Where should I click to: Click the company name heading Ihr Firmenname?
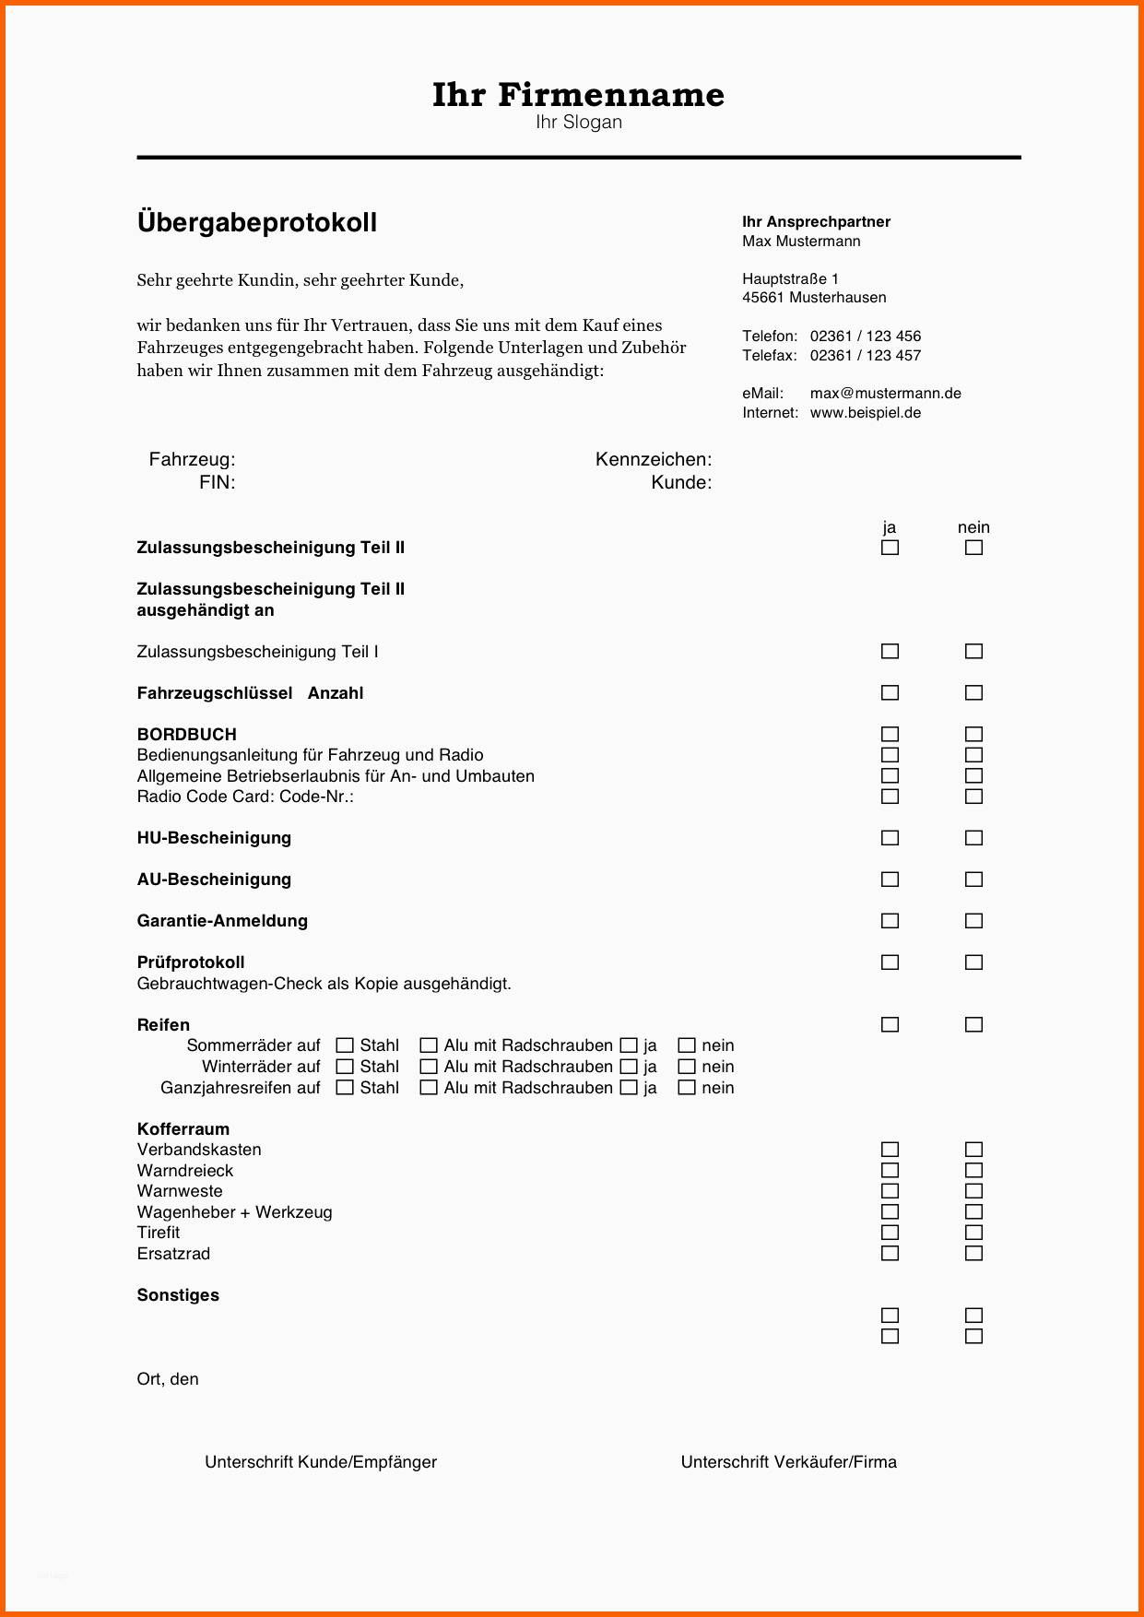pyautogui.click(x=578, y=94)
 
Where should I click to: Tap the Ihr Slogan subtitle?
pyautogui.click(x=578, y=123)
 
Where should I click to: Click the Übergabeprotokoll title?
pyautogui.click(x=256, y=222)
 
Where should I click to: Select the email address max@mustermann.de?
pyautogui.click(x=885, y=393)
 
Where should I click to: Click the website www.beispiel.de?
pyautogui.click(x=865, y=412)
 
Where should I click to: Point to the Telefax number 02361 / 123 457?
pyautogui.click(x=865, y=355)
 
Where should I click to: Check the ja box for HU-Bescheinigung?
pyautogui.click(x=890, y=838)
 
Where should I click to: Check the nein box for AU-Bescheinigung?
pyautogui.click(x=973, y=879)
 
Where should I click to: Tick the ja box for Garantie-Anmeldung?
pyautogui.click(x=890, y=921)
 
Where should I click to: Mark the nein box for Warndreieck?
pyautogui.click(x=973, y=1171)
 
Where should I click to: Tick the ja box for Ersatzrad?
pyautogui.click(x=890, y=1254)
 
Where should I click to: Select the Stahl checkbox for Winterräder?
pyautogui.click(x=345, y=1067)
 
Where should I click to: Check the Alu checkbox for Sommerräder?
pyautogui.click(x=429, y=1045)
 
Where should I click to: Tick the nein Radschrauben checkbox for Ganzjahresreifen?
pyautogui.click(x=687, y=1088)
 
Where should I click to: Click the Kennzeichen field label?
pyautogui.click(x=653, y=459)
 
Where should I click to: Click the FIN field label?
pyautogui.click(x=217, y=482)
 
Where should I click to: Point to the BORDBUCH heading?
pyautogui.click(x=186, y=735)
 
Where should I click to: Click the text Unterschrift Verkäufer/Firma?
pyautogui.click(x=788, y=1462)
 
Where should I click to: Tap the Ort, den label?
pyautogui.click(x=168, y=1379)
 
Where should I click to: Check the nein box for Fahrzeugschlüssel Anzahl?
pyautogui.click(x=973, y=693)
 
